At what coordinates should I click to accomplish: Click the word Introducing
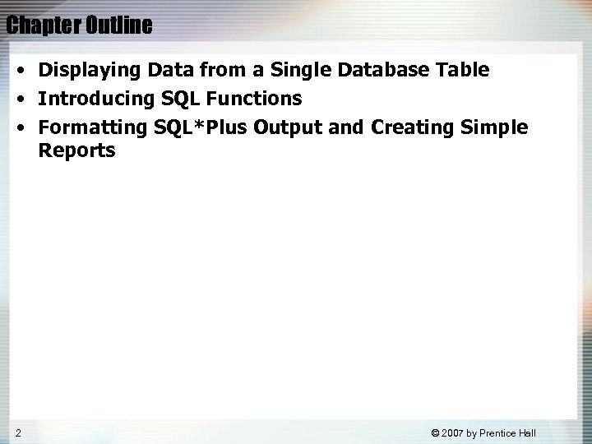[91, 99]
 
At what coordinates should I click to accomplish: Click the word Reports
[76, 152]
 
